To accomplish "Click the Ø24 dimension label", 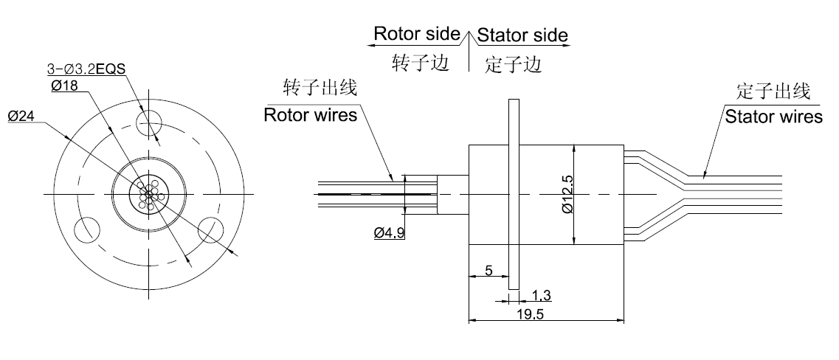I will point(21,117).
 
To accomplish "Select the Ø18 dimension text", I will point(65,86).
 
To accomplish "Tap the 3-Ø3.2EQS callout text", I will point(86,69).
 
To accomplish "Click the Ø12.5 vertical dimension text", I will point(566,195).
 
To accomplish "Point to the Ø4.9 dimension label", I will point(390,234).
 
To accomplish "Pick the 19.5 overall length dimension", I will point(546,314).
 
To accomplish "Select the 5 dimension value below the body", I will point(488,271).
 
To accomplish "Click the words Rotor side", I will point(417,34).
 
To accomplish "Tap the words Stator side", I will point(522,35).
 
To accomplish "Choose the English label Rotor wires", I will point(311,115).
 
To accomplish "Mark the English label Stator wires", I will point(773,117).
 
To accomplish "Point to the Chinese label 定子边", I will point(514,64).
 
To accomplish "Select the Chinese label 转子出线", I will point(321,89).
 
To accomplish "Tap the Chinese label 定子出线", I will point(773,91).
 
